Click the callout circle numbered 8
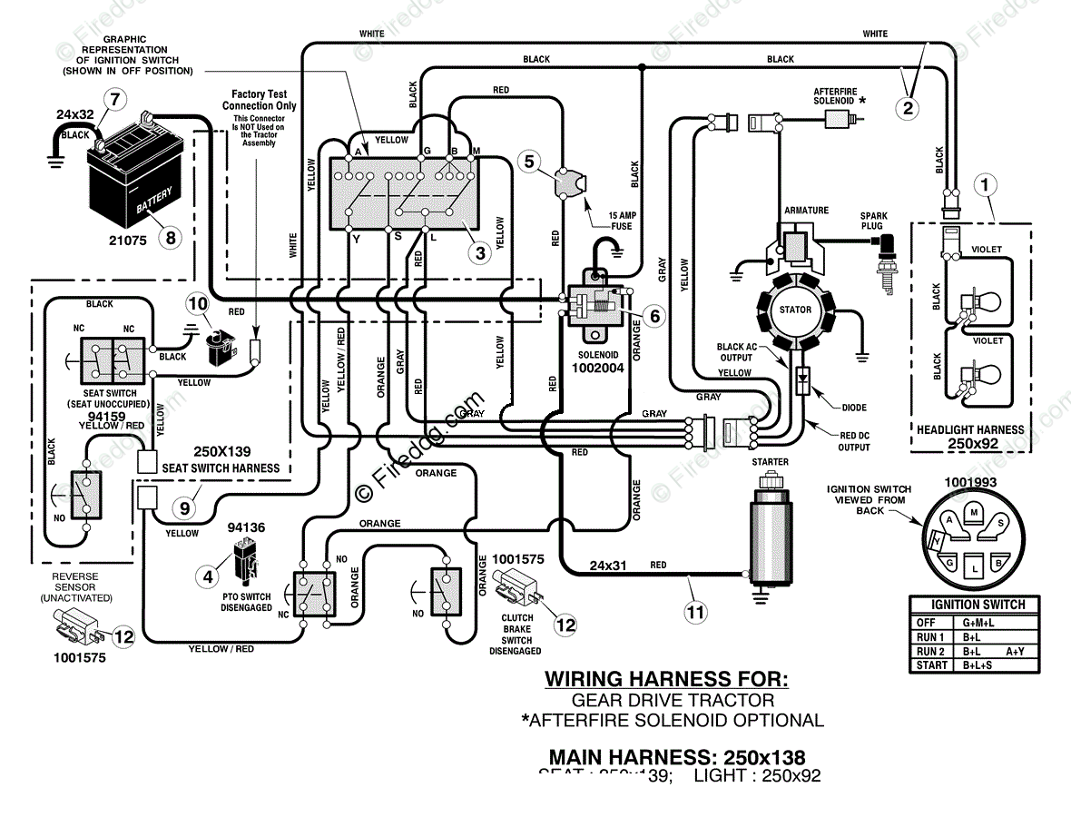(169, 239)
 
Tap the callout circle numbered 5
(531, 162)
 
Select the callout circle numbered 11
(695, 612)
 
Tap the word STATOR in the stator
(795, 310)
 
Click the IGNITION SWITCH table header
(974, 605)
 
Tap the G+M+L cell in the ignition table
(978, 623)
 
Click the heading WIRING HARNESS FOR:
(666, 679)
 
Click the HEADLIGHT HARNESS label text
(970, 429)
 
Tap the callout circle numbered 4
(209, 575)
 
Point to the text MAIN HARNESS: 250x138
(676, 756)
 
